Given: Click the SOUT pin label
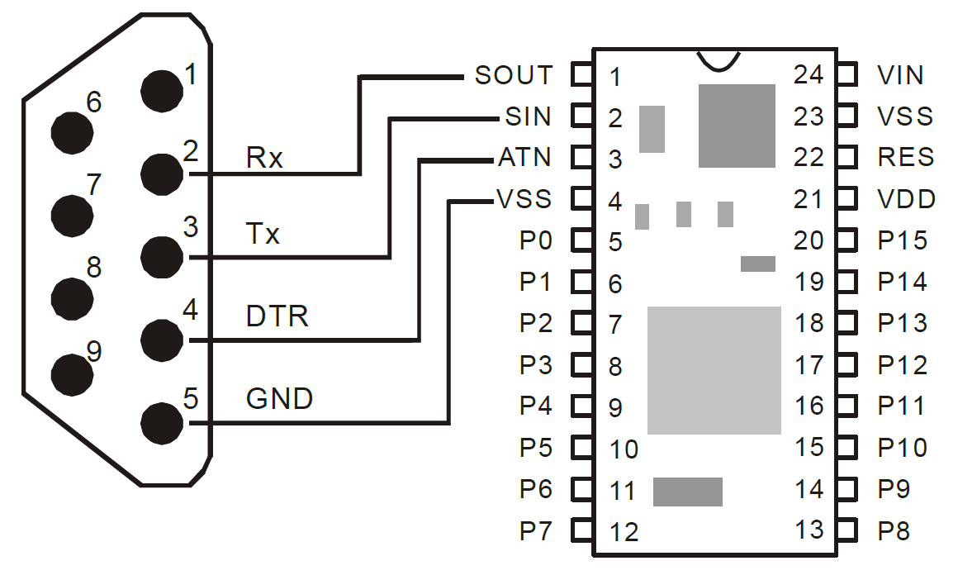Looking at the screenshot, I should [x=513, y=75].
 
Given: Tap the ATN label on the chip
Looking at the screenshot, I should [x=524, y=157].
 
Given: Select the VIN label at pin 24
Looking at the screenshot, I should [x=901, y=75].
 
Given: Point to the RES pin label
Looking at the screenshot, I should [x=906, y=157].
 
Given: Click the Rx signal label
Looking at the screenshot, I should [x=264, y=157].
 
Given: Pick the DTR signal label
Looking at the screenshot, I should [x=277, y=316].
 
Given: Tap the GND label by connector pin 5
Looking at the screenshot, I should [x=280, y=399].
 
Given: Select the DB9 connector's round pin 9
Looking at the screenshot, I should [x=72, y=376].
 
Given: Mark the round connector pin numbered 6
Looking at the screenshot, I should [x=72, y=130].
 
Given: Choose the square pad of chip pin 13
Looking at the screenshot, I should [x=846, y=530].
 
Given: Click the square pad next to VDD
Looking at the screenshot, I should [x=846, y=199].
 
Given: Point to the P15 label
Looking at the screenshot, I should [x=902, y=240].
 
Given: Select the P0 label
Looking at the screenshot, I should [x=536, y=240].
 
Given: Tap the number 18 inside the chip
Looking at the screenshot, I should [x=809, y=323].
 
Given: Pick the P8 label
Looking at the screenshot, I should [x=894, y=530].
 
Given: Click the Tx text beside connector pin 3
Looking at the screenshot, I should [x=263, y=235].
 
